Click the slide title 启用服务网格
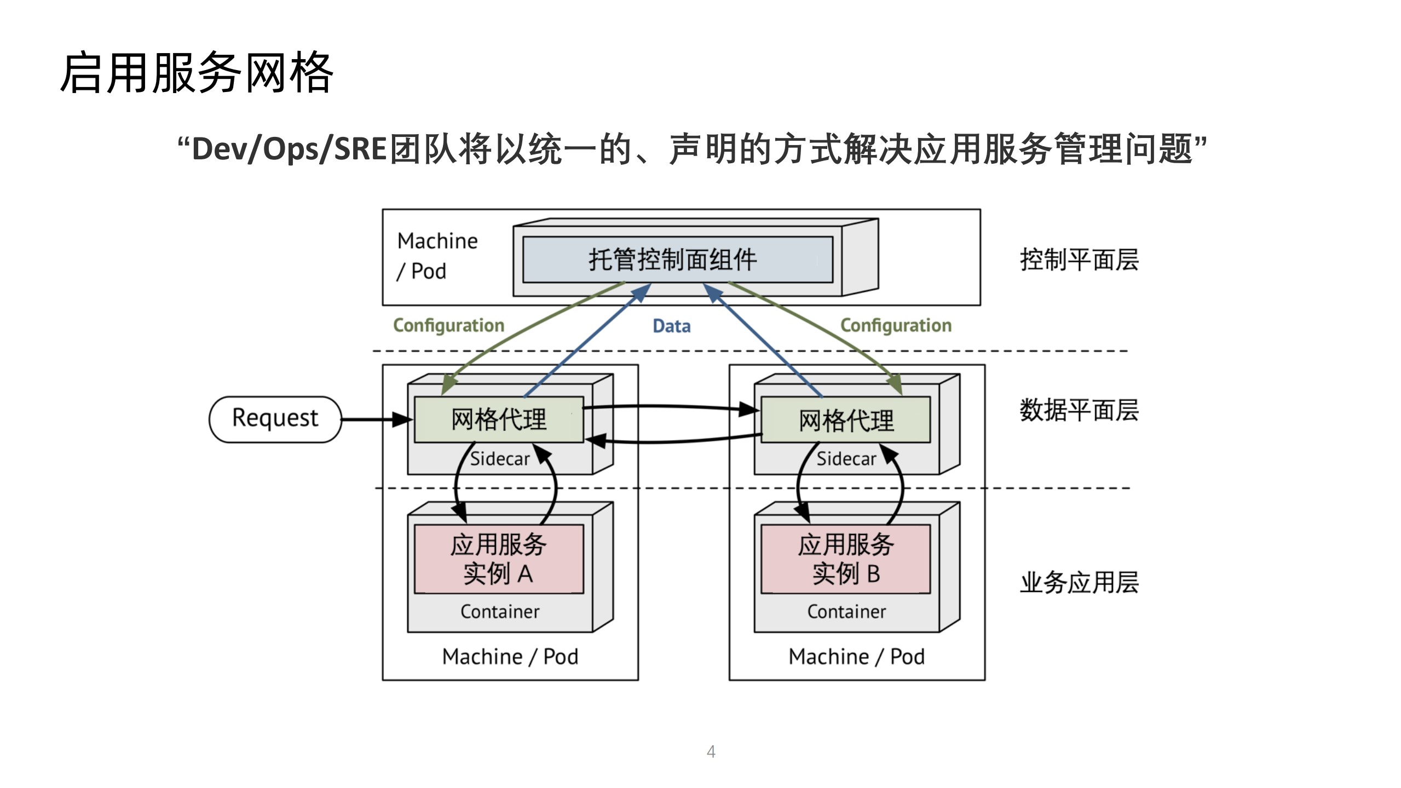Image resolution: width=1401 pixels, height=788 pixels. [197, 73]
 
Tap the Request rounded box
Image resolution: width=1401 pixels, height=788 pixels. [275, 419]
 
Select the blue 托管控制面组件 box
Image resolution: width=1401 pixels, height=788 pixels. [677, 260]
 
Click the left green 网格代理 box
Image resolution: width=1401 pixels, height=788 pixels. [499, 419]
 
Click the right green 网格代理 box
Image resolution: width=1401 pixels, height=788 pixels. [845, 420]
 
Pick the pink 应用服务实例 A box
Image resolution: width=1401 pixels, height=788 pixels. [499, 559]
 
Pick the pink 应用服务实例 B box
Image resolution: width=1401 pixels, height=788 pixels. [845, 559]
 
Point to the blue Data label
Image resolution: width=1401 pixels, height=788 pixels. [671, 326]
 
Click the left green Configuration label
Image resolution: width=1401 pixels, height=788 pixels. [448, 325]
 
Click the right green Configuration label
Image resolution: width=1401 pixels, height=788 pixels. [896, 325]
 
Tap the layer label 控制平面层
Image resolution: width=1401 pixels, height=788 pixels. [1079, 260]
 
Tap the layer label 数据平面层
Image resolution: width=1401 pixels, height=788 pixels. [1079, 410]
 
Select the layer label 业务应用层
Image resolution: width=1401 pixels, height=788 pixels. [1079, 582]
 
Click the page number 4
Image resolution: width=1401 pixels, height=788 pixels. [711, 751]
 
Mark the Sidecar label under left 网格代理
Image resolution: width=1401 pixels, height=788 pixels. [499, 459]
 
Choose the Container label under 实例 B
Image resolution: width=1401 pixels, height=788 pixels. [846, 612]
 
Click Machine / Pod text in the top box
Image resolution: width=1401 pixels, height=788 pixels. [436, 256]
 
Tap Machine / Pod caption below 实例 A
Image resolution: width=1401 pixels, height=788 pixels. [510, 657]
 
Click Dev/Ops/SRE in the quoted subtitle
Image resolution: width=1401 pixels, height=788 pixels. [290, 149]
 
